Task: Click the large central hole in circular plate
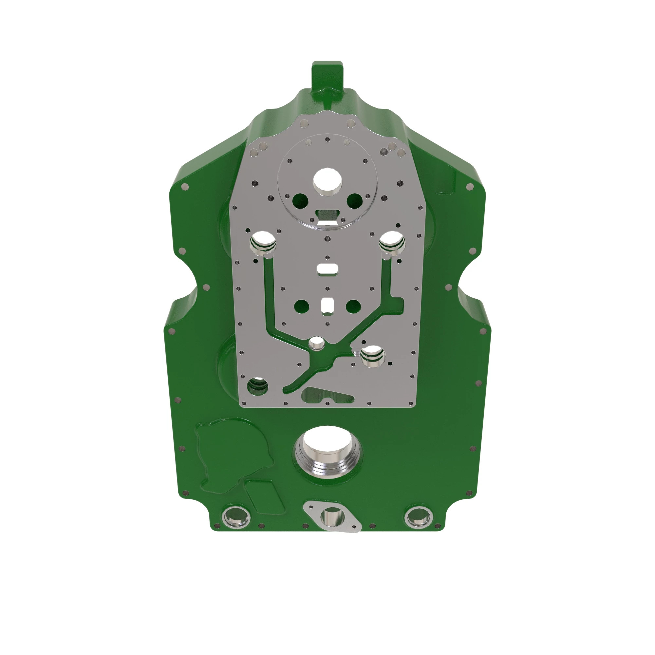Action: point(327,180)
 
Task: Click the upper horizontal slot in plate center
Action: point(327,269)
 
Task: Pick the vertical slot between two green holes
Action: point(327,305)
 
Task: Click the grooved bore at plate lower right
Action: point(373,356)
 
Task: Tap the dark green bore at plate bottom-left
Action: point(258,386)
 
